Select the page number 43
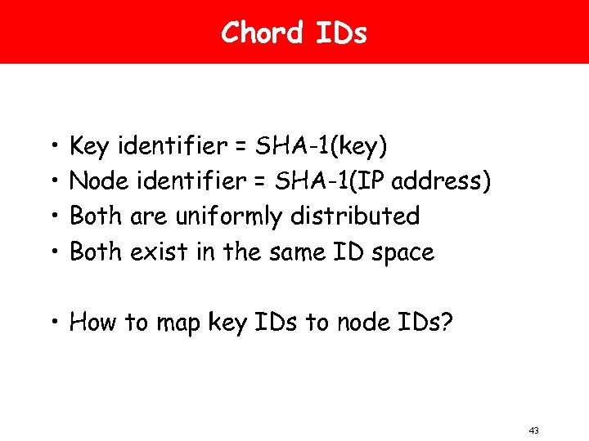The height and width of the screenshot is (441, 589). pyautogui.click(x=535, y=430)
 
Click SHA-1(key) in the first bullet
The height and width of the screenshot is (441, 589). pyautogui.click(x=322, y=147)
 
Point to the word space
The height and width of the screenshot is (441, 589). pyautogui.click(x=402, y=253)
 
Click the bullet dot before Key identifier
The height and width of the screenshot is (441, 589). pyautogui.click(x=52, y=148)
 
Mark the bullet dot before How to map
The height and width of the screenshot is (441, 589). pyautogui.click(x=52, y=323)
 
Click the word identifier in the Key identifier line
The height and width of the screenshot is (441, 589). pyautogui.click(x=170, y=147)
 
